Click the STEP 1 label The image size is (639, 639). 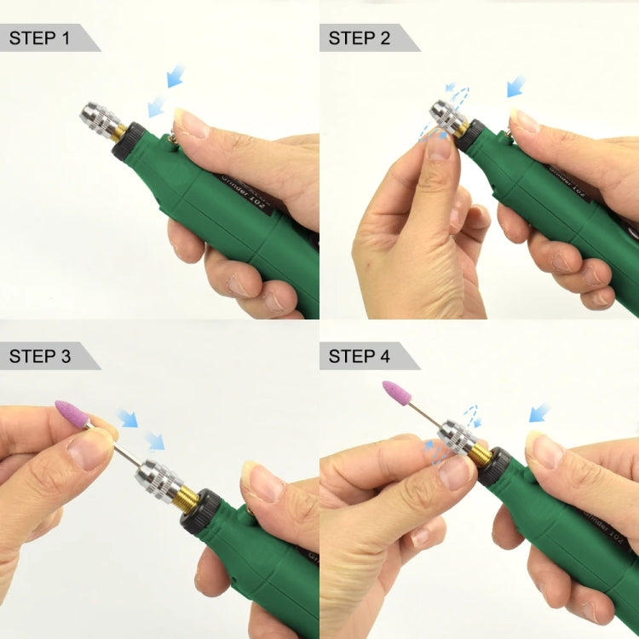pyautogui.click(x=40, y=37)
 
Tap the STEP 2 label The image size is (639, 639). pyautogui.click(x=360, y=37)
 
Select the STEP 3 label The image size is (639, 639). pyautogui.click(x=40, y=356)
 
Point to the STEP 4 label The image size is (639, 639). pyautogui.click(x=360, y=356)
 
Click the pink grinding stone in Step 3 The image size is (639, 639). pyautogui.click(x=72, y=414)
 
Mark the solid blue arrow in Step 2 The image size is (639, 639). pyautogui.click(x=516, y=85)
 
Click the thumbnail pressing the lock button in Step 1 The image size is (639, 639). pyautogui.click(x=192, y=123)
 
